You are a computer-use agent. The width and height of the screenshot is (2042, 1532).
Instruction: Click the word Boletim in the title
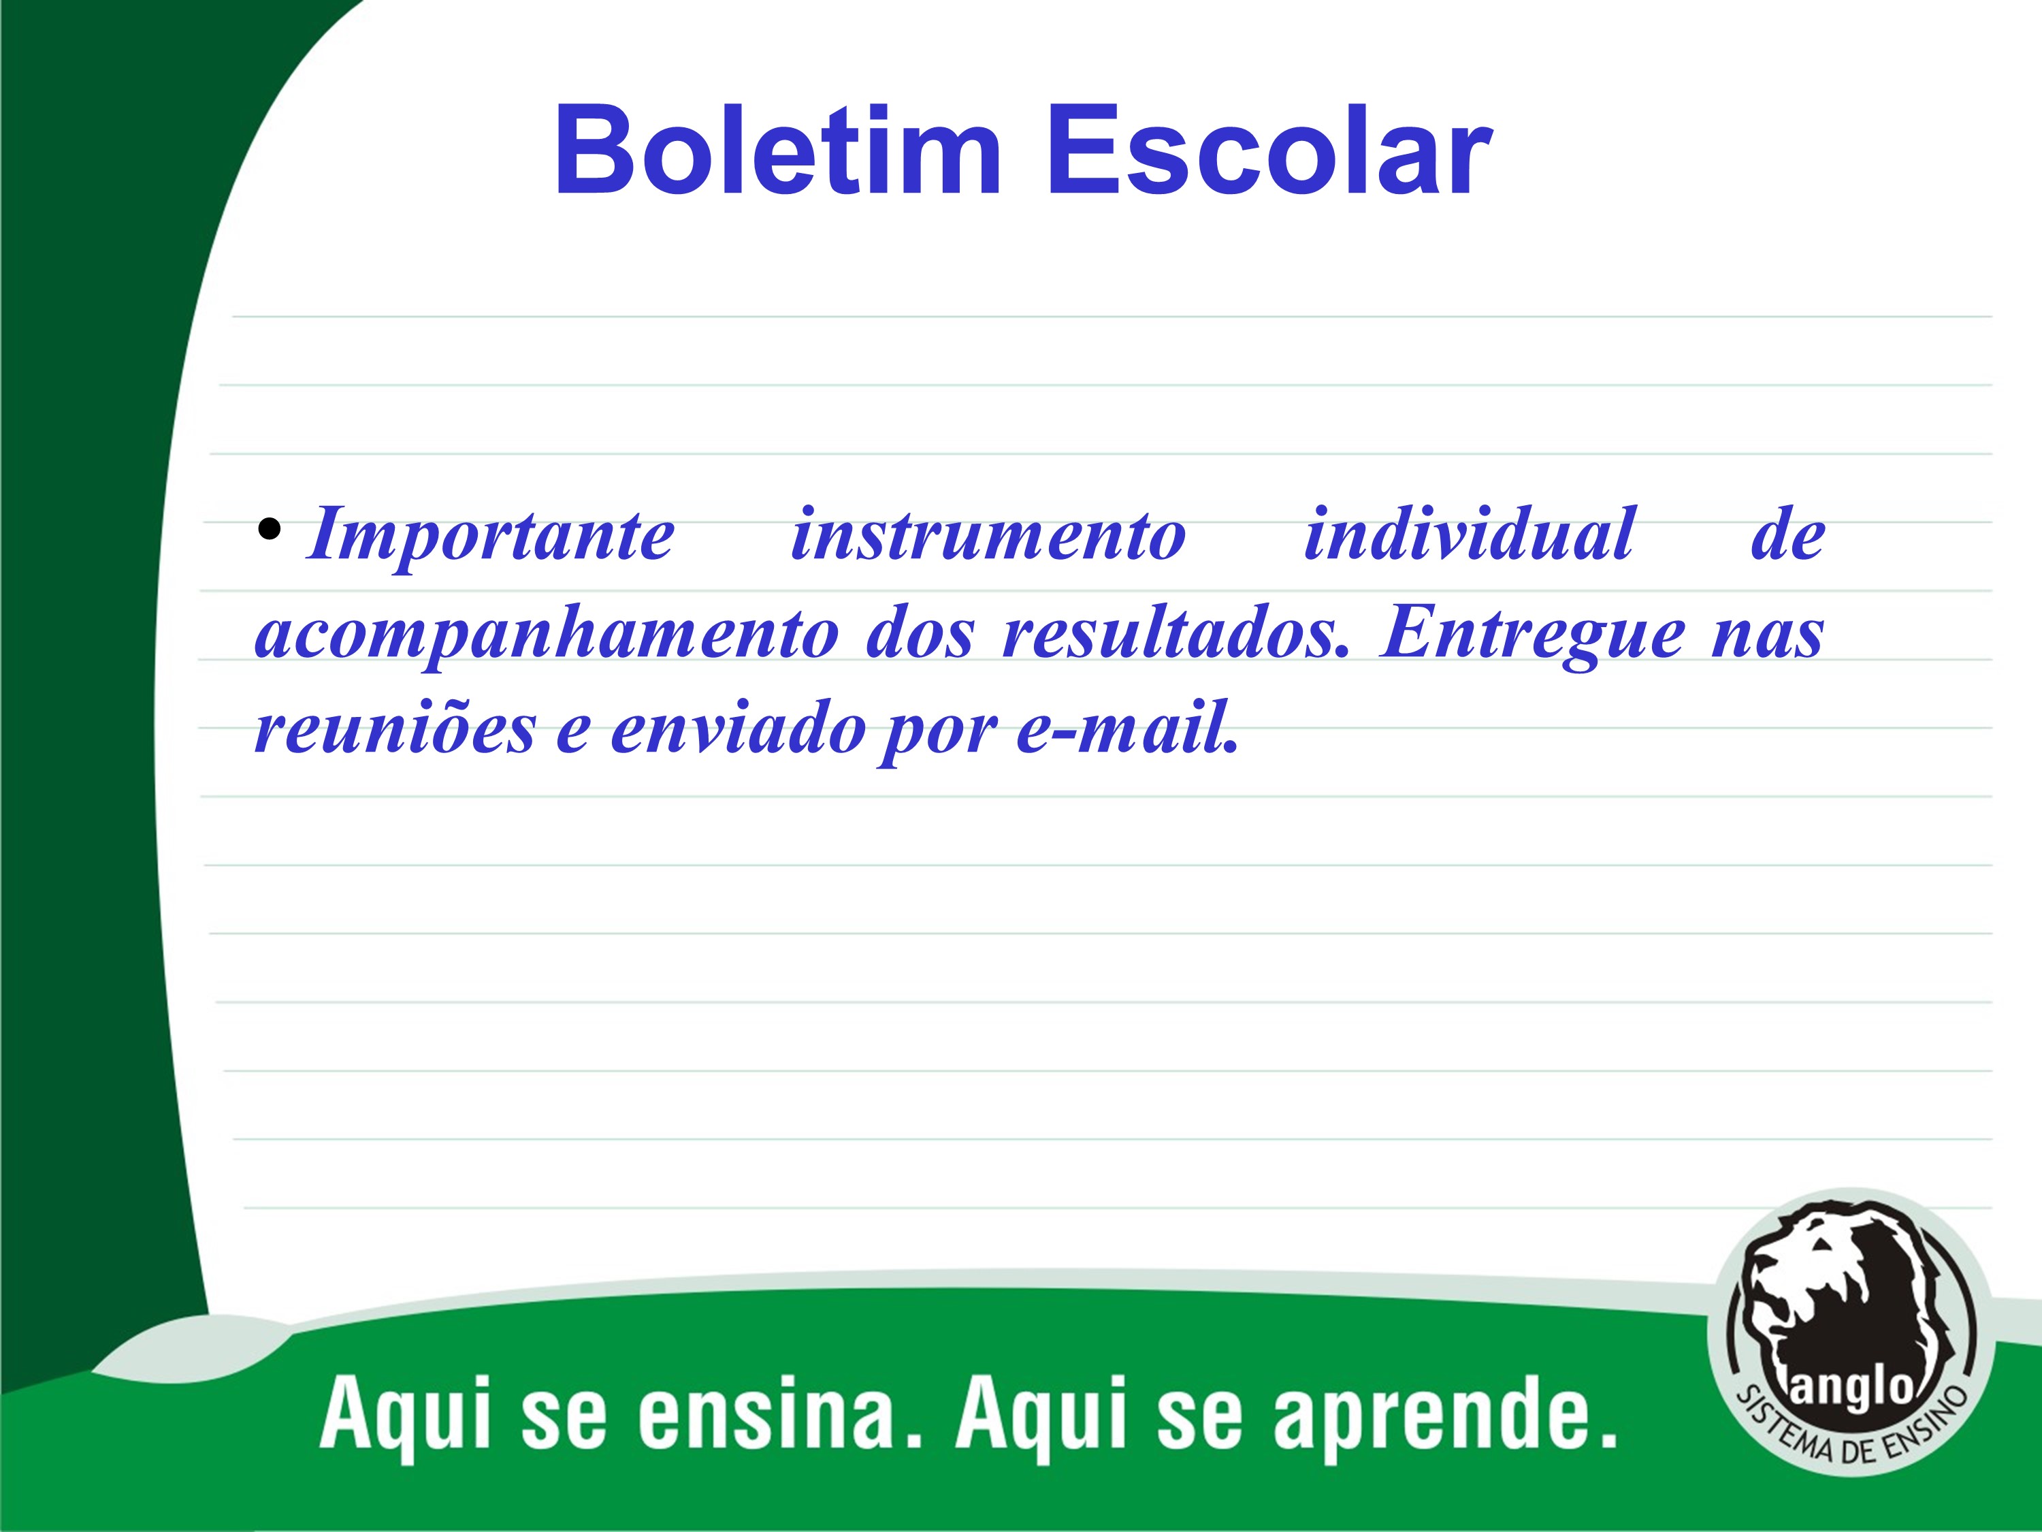click(x=778, y=150)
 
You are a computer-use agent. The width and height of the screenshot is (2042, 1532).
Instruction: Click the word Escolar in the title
click(x=1269, y=150)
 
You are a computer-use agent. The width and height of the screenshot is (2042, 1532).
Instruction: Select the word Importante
click(x=491, y=537)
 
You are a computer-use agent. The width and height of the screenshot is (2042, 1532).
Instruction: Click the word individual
click(x=1469, y=533)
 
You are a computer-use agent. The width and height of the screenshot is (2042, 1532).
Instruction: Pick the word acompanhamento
click(x=547, y=636)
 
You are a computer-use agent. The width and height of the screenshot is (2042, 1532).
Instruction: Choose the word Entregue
click(x=1532, y=636)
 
